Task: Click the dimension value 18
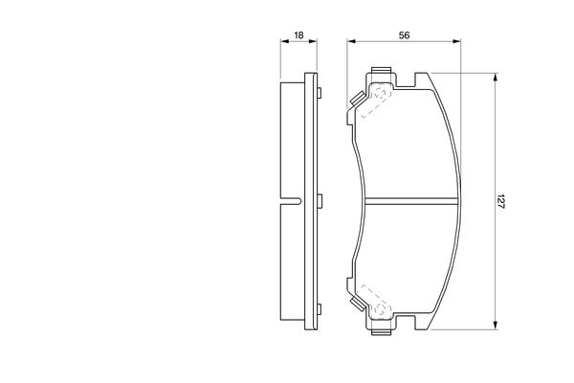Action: pos(298,35)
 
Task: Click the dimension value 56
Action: pos(404,35)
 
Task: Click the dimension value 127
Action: pos(500,201)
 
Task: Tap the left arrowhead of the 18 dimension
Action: pos(284,41)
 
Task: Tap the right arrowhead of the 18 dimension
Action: pos(313,41)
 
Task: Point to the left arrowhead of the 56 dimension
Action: pos(351,41)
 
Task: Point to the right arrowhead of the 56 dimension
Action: pos(456,41)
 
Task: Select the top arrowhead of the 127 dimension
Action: pos(496,78)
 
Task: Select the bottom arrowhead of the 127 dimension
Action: pos(496,326)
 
